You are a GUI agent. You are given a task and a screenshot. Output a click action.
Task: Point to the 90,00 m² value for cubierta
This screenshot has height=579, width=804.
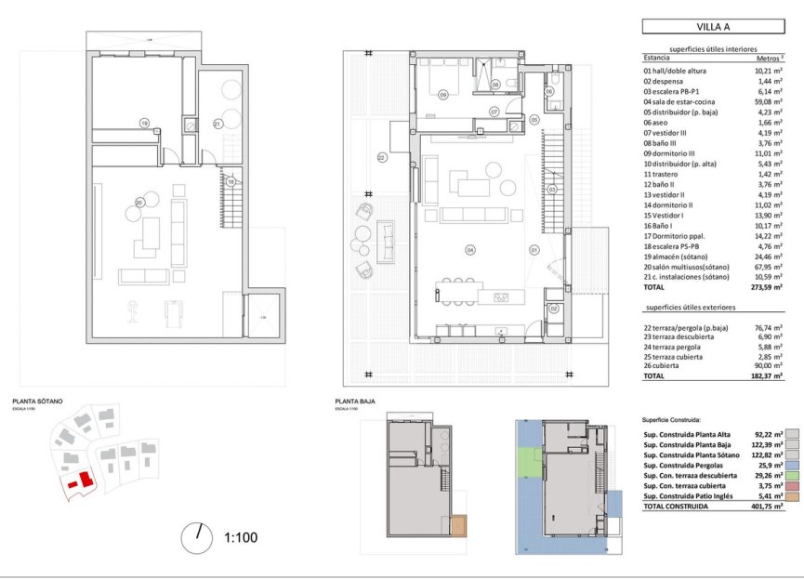tap(768, 366)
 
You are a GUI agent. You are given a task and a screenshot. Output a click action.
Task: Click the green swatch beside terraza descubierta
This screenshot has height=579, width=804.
tap(791, 475)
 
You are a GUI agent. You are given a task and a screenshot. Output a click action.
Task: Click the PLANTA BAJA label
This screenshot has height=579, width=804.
tap(355, 401)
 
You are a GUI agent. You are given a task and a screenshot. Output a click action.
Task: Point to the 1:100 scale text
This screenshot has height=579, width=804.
tap(241, 536)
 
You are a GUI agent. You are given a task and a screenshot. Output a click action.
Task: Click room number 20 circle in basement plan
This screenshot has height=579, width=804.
tap(139, 203)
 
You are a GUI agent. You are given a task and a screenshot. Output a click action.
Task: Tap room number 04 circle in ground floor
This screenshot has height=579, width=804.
tap(470, 249)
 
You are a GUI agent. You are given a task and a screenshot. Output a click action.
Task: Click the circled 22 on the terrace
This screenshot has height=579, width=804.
tap(381, 158)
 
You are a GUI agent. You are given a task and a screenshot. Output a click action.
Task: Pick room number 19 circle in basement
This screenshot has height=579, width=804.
tap(144, 123)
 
